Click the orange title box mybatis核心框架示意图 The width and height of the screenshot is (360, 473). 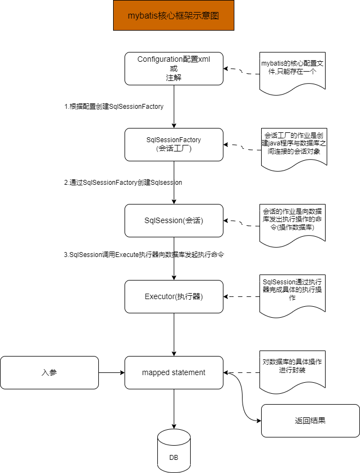click(x=173, y=15)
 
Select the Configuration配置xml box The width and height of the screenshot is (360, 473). click(x=174, y=68)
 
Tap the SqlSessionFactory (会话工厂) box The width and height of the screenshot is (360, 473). click(x=174, y=144)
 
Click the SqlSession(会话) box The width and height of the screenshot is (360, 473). click(x=174, y=220)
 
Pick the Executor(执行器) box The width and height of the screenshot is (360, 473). click(x=174, y=296)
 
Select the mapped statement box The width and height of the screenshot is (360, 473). click(x=174, y=372)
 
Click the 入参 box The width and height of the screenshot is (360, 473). click(x=49, y=372)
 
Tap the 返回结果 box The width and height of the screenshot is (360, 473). click(x=310, y=421)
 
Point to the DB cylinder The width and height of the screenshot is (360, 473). click(x=174, y=452)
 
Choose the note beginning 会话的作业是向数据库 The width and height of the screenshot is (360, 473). click(x=292, y=222)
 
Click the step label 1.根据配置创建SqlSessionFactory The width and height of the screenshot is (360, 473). click(x=114, y=107)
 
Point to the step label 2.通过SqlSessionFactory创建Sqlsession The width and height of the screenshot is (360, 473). click(x=123, y=183)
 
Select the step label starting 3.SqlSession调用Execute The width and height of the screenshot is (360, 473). click(x=144, y=254)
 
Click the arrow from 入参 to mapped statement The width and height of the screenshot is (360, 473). click(x=111, y=373)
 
